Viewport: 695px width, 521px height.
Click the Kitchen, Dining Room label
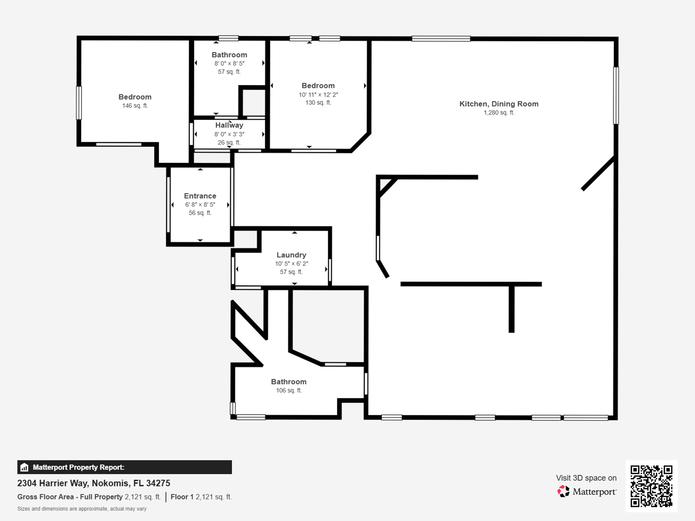(x=499, y=104)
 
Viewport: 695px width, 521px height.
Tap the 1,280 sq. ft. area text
(x=499, y=113)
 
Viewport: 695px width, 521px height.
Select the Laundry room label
(x=291, y=255)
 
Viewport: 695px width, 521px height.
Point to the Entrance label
(x=200, y=196)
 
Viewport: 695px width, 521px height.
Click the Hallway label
(x=229, y=125)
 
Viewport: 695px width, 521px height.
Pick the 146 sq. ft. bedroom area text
(x=135, y=106)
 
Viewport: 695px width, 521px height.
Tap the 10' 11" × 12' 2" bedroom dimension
(x=318, y=95)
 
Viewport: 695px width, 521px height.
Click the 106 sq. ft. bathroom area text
(x=288, y=390)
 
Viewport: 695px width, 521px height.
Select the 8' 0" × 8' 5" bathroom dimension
(x=229, y=63)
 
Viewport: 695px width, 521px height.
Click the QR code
(x=651, y=486)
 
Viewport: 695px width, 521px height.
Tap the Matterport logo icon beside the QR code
(x=563, y=491)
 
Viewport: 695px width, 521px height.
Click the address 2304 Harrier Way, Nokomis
(x=94, y=483)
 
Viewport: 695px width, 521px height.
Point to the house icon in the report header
(x=24, y=467)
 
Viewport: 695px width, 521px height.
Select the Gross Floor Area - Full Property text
(x=70, y=497)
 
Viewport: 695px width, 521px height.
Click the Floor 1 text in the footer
(x=182, y=497)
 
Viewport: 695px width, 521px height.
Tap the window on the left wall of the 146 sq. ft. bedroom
(x=79, y=103)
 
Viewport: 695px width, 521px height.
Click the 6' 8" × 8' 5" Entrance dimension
(x=200, y=205)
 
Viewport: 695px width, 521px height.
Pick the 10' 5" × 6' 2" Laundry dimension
(x=291, y=264)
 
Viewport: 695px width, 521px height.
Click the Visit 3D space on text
(x=586, y=478)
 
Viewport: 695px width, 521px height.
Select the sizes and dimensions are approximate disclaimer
(x=82, y=509)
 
